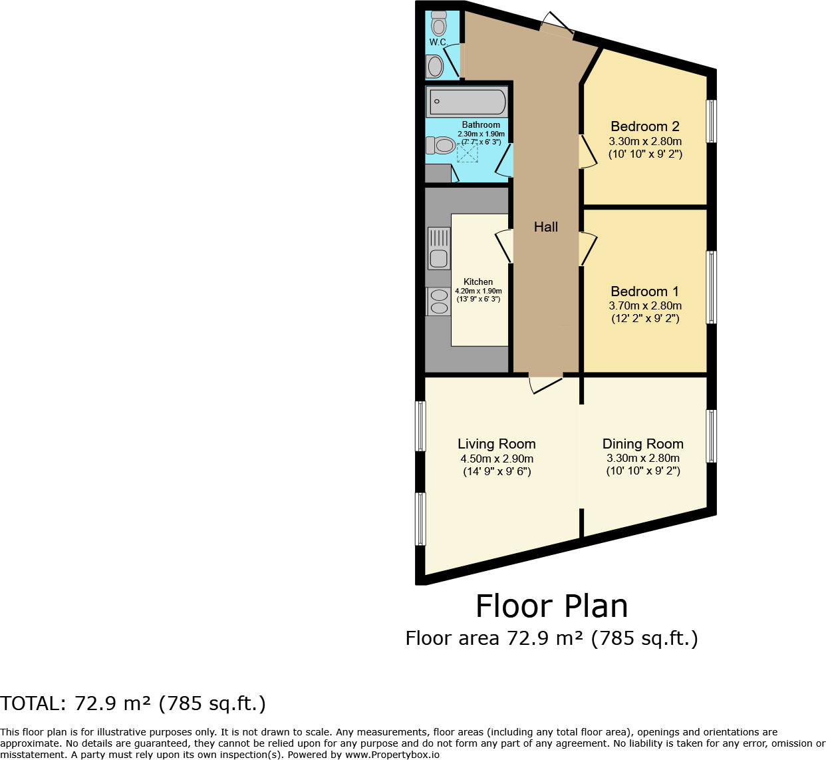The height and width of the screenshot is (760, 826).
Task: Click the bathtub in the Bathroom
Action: click(467, 101)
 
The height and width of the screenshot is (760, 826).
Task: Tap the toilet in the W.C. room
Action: click(438, 23)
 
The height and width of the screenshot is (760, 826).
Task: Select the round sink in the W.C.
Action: click(435, 66)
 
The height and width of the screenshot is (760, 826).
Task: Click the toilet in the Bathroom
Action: click(440, 145)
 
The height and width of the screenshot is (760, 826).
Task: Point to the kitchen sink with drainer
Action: click(439, 248)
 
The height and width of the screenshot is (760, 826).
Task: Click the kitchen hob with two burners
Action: click(438, 301)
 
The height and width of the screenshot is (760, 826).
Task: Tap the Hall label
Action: click(545, 227)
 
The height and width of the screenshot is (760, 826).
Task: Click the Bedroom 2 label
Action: click(645, 126)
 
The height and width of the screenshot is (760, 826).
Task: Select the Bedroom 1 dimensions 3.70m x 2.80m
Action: click(645, 306)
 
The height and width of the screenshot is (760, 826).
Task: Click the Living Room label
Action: click(497, 444)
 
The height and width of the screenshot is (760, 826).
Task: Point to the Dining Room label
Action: click(642, 444)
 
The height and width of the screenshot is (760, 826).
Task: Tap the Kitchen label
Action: click(478, 282)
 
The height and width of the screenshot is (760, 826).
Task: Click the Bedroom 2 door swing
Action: click(588, 152)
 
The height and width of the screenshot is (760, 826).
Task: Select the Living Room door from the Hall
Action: click(545, 385)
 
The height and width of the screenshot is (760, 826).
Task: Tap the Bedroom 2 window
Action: click(711, 121)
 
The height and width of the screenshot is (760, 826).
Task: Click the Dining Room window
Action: click(711, 436)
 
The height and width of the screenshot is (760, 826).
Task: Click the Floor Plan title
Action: click(552, 606)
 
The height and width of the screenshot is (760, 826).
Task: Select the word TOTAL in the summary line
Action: click(33, 703)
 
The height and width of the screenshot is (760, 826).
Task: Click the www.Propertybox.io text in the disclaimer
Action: click(392, 755)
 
